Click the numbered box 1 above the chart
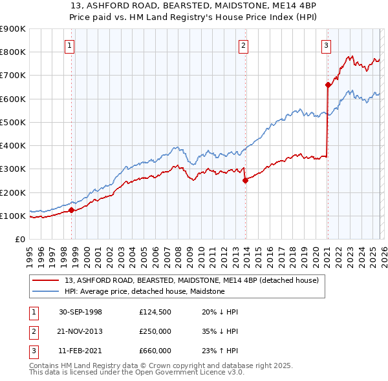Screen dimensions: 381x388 [69, 45]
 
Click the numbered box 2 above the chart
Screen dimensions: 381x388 [243, 45]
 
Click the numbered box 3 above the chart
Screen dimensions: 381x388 [327, 45]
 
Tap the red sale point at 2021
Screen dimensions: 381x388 [328, 84]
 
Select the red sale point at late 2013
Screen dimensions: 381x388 [245, 181]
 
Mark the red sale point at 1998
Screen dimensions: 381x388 [71, 210]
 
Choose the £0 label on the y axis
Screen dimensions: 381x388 [19, 239]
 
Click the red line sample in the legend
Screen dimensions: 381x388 [45, 281]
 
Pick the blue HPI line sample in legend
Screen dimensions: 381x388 [45, 292]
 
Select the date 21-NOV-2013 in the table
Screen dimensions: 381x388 [80, 331]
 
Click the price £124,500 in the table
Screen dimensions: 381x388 [155, 312]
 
